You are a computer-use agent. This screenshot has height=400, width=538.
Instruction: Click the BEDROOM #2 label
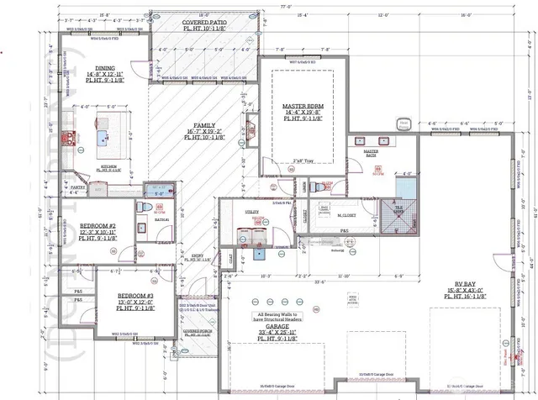click(x=98, y=226)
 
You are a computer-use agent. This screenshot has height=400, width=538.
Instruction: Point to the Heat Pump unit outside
click(x=404, y=124)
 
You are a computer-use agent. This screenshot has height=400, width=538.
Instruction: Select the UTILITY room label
click(x=251, y=212)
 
